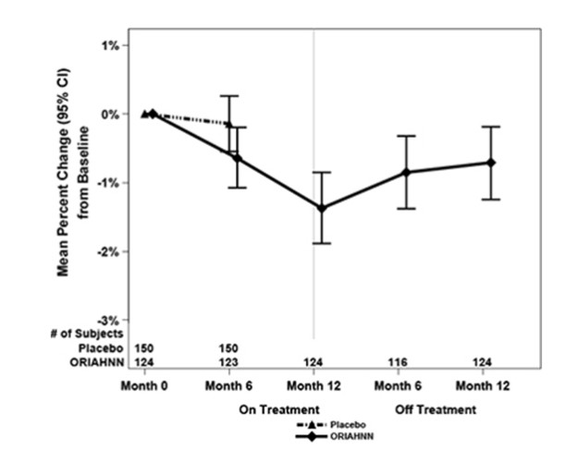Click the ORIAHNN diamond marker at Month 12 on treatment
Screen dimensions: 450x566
pyautogui.click(x=322, y=208)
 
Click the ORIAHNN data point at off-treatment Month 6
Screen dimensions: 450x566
pyautogui.click(x=404, y=172)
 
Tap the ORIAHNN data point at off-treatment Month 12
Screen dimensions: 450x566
pyautogui.click(x=491, y=163)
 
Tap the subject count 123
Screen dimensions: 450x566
pyautogui.click(x=229, y=361)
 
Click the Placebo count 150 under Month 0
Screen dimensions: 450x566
pyautogui.click(x=145, y=347)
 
